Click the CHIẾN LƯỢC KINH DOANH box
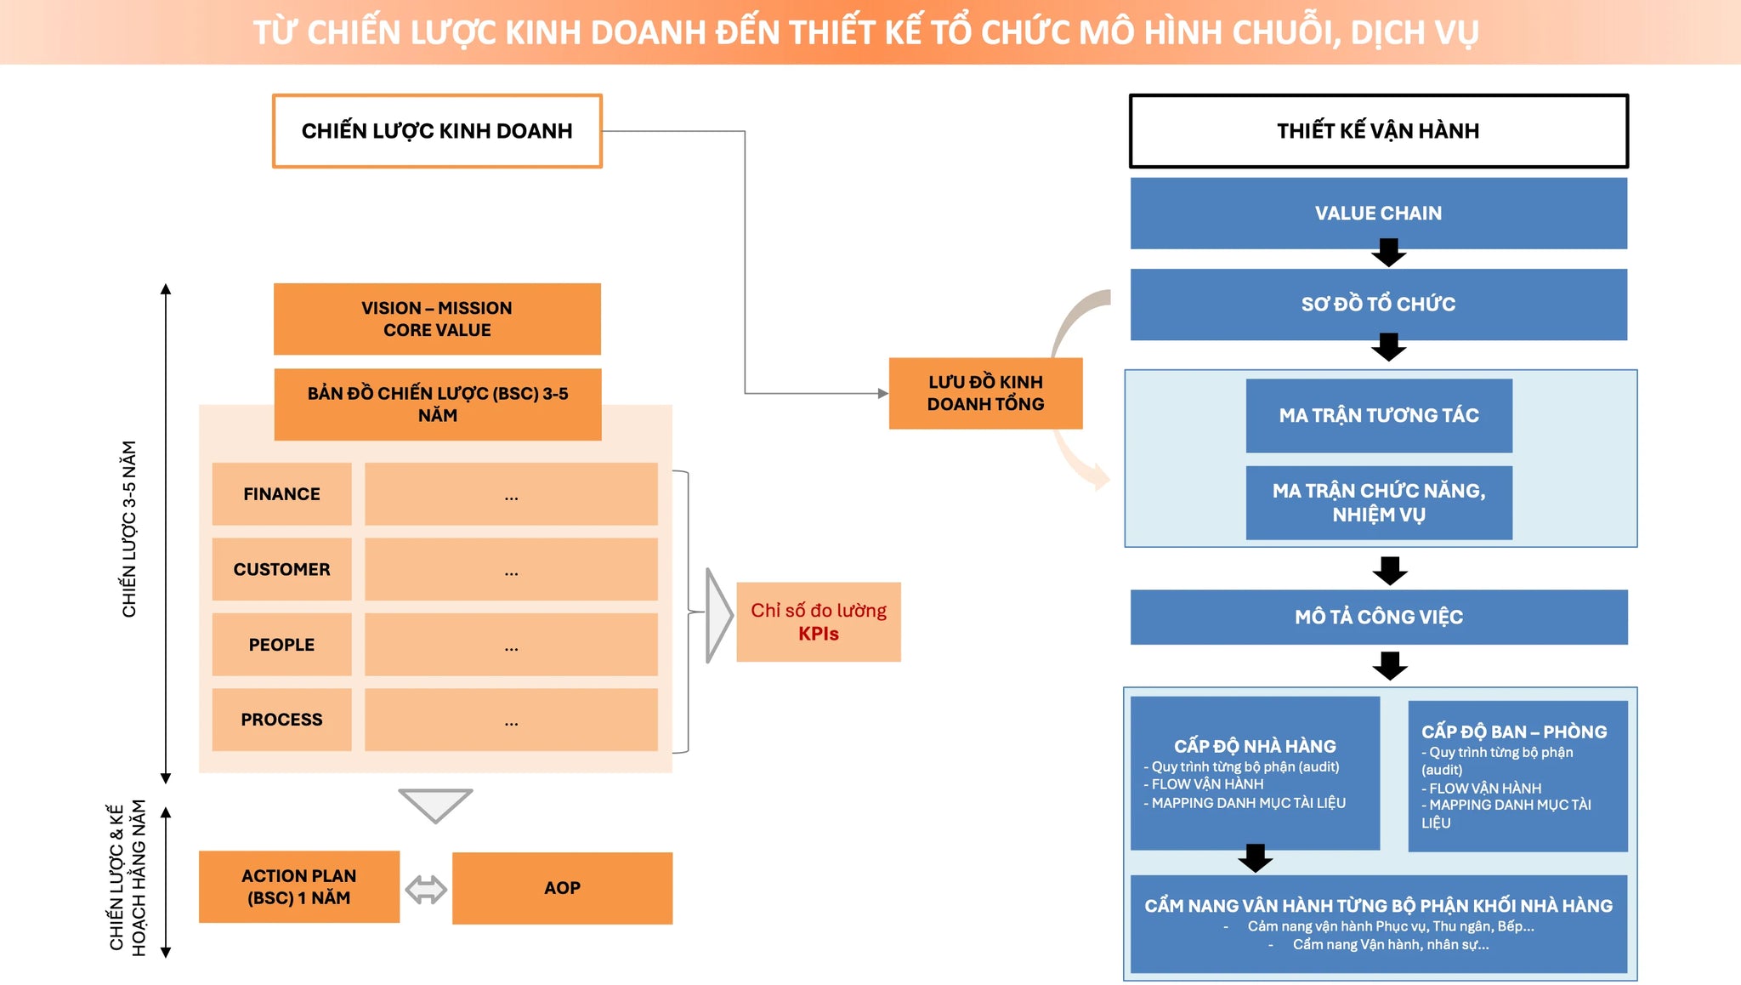pos(437,131)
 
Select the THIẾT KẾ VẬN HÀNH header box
pos(1378,131)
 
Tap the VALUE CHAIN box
pos(1378,213)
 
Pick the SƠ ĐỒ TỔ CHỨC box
pos(1378,305)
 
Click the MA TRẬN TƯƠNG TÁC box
pos(1379,415)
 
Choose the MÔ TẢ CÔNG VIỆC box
pos(1379,617)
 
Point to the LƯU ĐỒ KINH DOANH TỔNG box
pos(985,393)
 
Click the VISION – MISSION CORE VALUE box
pos(437,319)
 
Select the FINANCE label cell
pos(281,494)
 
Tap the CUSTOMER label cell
pos(281,569)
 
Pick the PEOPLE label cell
pos(281,645)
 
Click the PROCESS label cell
pos(281,720)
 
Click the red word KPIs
pos(819,634)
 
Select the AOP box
pos(562,888)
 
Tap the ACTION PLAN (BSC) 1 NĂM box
pos(299,887)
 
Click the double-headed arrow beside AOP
pos(426,890)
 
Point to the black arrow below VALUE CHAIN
pos(1389,253)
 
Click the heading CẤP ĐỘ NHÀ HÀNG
pos(1255,746)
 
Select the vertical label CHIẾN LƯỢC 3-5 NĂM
pos(129,529)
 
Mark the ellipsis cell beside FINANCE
pos(511,494)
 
